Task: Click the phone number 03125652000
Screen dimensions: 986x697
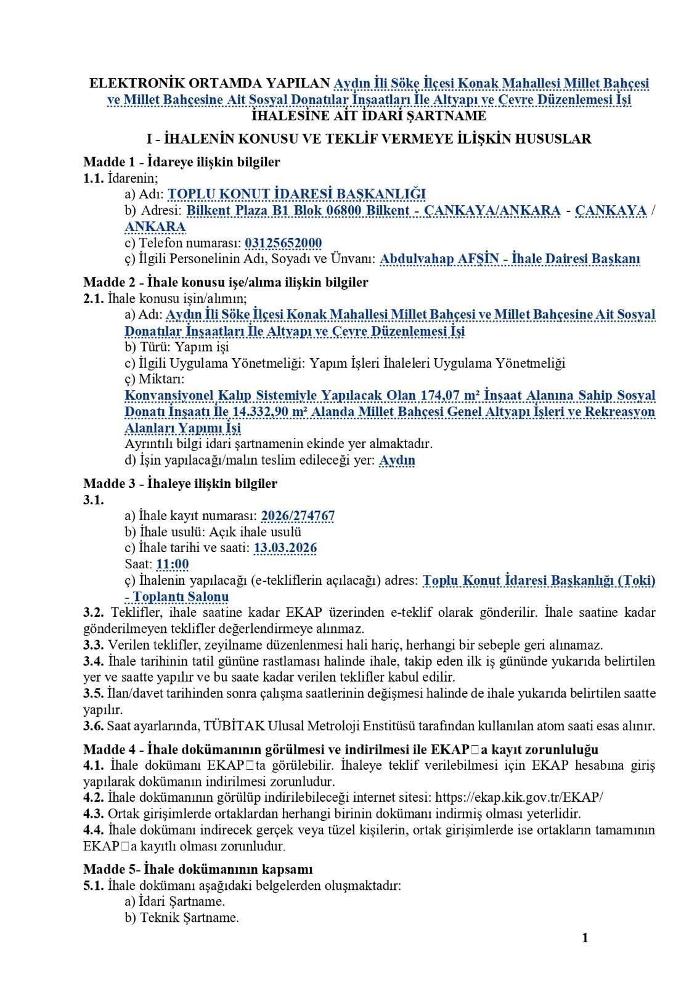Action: tap(283, 243)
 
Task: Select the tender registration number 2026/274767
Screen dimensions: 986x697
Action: tap(298, 516)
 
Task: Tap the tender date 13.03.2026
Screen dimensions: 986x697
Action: tap(285, 548)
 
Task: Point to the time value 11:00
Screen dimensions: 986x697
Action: tap(173, 564)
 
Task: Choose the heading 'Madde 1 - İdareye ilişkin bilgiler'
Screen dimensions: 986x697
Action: tap(181, 162)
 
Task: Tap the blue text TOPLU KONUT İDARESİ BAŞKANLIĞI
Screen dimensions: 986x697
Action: tap(296, 194)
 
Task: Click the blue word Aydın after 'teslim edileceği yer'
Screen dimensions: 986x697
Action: tap(397, 460)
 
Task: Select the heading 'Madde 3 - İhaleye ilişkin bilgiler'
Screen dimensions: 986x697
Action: tap(180, 483)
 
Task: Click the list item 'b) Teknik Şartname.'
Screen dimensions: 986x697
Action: tap(181, 918)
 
